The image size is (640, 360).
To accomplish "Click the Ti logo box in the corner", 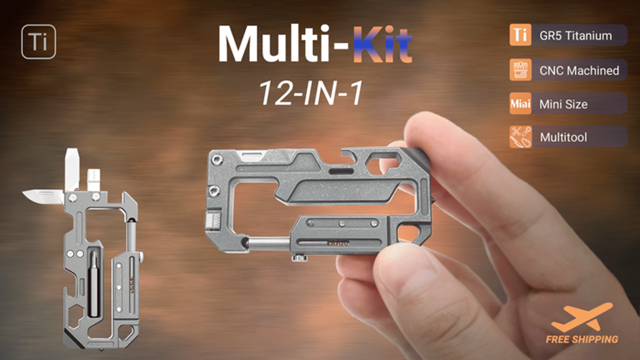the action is (39, 42).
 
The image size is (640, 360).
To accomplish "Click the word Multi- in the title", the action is (283, 43).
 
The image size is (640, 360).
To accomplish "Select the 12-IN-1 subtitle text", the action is (311, 93).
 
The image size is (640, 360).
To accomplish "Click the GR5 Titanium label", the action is (575, 36).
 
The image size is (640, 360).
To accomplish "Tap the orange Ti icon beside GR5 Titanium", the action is (520, 35).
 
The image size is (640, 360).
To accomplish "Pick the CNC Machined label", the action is (579, 71).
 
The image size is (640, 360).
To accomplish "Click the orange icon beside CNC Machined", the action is (520, 70).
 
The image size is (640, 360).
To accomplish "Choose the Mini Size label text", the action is (563, 104).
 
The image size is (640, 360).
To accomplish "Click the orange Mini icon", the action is (520, 103).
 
